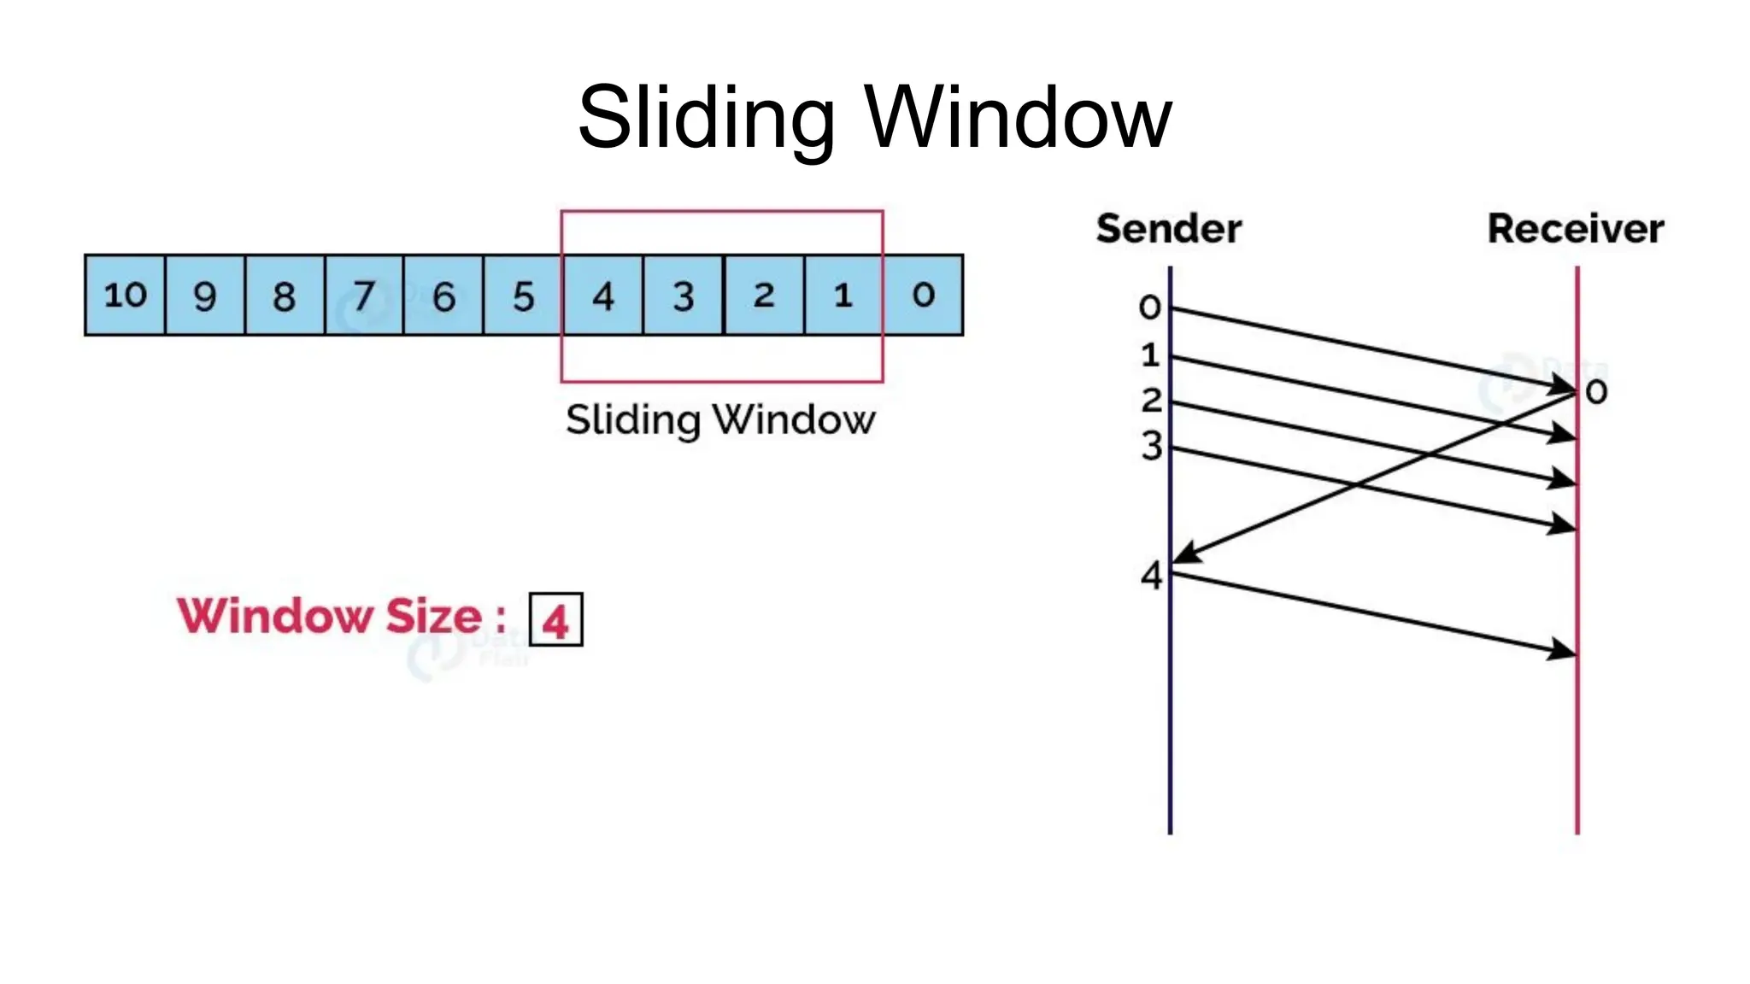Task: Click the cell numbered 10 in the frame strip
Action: pyautogui.click(x=125, y=295)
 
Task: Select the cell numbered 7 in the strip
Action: pyautogui.click(x=364, y=295)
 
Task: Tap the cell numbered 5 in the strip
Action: pyautogui.click(x=523, y=295)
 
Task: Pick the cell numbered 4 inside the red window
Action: pyautogui.click(x=602, y=295)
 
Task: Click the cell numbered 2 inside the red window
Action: pyautogui.click(x=763, y=295)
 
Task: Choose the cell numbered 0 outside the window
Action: pyautogui.click(x=923, y=295)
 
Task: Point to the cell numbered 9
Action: pyautogui.click(x=204, y=295)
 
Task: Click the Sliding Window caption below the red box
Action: pyautogui.click(x=720, y=419)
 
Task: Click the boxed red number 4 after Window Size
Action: pyautogui.click(x=555, y=619)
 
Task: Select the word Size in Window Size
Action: pyautogui.click(x=434, y=616)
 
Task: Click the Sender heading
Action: pyautogui.click(x=1168, y=229)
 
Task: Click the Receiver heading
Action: pyautogui.click(x=1575, y=229)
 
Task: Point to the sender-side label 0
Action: pyautogui.click(x=1150, y=307)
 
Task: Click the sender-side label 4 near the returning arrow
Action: pyautogui.click(x=1152, y=576)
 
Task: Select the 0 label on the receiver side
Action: pyautogui.click(x=1596, y=392)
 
